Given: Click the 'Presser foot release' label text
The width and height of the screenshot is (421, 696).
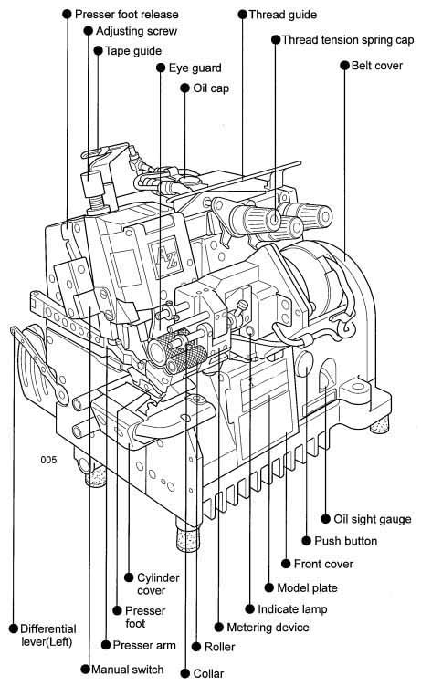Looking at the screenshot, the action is tap(127, 15).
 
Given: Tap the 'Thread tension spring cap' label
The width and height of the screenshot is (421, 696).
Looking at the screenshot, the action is tap(348, 39).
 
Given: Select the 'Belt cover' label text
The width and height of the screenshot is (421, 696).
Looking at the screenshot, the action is tap(377, 66).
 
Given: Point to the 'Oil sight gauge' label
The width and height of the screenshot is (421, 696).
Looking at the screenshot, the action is tap(373, 519).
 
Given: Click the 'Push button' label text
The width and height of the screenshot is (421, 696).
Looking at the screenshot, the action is tap(346, 541).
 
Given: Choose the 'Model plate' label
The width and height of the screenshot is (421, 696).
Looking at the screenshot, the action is tap(307, 587).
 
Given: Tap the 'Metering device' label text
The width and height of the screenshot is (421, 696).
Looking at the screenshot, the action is tap(268, 627).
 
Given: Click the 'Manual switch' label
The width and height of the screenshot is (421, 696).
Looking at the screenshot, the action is tap(128, 669).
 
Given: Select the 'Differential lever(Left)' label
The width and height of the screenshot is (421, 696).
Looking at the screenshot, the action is tap(48, 635).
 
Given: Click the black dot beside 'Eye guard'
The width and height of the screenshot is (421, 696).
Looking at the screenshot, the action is tap(161, 68).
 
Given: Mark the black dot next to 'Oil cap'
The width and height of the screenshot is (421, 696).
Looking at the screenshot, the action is tap(185, 88).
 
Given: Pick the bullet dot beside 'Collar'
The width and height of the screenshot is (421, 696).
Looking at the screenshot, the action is tap(185, 673).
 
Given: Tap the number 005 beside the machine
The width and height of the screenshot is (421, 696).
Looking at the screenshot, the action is tap(49, 460).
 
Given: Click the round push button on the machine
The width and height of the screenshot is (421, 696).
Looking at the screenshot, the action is tap(304, 362).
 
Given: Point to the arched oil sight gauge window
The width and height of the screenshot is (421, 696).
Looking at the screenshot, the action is tap(328, 376).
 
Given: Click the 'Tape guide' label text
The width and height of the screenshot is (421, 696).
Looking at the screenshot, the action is tap(133, 50).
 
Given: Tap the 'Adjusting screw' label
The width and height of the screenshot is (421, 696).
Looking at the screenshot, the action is tap(136, 31).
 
